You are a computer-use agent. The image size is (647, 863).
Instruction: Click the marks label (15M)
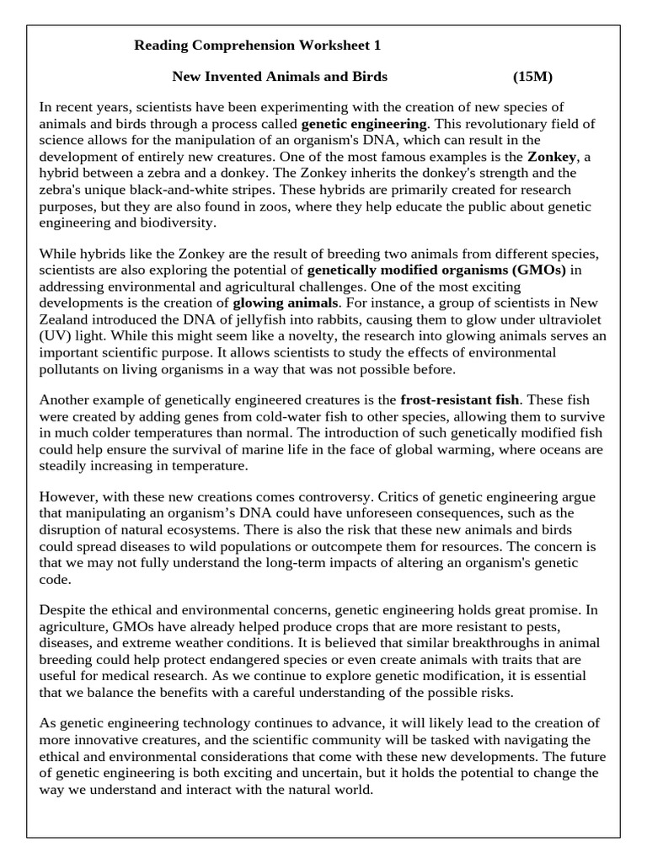point(532,77)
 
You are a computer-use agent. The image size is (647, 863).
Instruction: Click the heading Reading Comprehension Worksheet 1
point(251,45)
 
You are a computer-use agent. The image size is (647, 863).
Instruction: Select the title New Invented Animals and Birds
point(280,77)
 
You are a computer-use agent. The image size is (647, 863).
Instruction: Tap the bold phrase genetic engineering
point(379,124)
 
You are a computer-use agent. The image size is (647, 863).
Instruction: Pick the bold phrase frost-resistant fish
point(460,399)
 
